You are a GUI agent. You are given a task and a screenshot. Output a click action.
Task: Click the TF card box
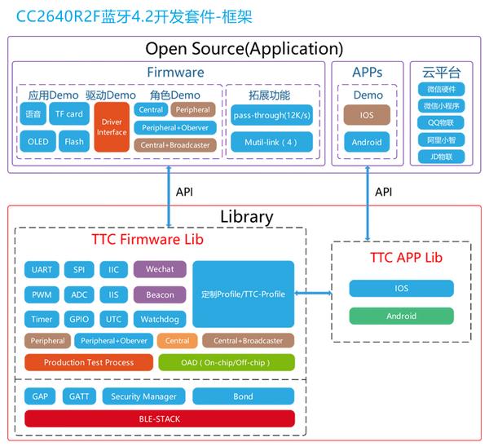coord(69,113)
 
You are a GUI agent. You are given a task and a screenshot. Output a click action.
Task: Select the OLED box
coord(38,141)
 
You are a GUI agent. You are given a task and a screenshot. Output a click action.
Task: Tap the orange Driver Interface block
coord(112,127)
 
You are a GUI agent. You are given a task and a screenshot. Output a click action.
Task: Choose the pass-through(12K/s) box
coord(271,115)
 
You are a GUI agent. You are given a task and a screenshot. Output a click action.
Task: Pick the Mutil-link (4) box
coord(271,142)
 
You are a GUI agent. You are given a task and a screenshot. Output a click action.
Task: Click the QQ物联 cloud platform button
coord(441,122)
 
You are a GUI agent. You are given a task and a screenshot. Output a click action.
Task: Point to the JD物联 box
coord(441,157)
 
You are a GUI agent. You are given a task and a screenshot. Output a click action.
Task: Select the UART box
coord(42,269)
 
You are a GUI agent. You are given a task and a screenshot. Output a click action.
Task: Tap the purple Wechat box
coord(160,269)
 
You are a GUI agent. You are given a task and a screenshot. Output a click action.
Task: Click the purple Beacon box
coord(160,294)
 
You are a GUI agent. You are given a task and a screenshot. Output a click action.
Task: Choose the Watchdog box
coord(160,319)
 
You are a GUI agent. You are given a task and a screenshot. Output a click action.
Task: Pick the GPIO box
coord(79,319)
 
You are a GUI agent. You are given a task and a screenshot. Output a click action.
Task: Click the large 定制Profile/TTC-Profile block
coord(243,294)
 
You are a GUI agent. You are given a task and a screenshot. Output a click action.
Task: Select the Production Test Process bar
coord(89,362)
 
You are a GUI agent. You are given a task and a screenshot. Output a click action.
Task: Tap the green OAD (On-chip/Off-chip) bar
coord(227,362)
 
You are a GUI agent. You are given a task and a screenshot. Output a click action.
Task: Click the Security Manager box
coord(143,396)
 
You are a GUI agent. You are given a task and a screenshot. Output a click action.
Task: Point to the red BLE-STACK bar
coord(160,418)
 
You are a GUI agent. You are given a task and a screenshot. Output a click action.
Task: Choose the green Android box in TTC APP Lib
coord(401,316)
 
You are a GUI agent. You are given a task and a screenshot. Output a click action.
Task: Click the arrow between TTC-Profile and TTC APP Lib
coord(313,293)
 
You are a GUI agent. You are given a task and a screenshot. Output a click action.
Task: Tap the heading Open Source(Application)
coord(244,49)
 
